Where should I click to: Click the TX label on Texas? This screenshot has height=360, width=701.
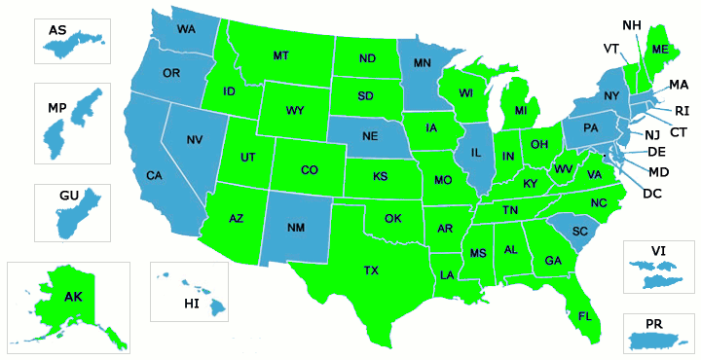[x=371, y=270]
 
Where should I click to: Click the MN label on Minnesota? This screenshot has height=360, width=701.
[x=423, y=63]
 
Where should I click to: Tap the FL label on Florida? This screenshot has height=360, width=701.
[x=584, y=316]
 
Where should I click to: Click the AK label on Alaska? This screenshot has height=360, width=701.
[x=74, y=296]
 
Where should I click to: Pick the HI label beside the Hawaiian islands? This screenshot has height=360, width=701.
[x=191, y=304]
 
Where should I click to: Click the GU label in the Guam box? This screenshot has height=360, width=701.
[x=68, y=196]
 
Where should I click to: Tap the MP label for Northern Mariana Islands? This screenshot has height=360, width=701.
[x=56, y=106]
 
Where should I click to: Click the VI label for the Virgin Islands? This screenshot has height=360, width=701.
[x=659, y=250]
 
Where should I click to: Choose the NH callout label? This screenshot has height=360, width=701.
[x=632, y=24]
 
